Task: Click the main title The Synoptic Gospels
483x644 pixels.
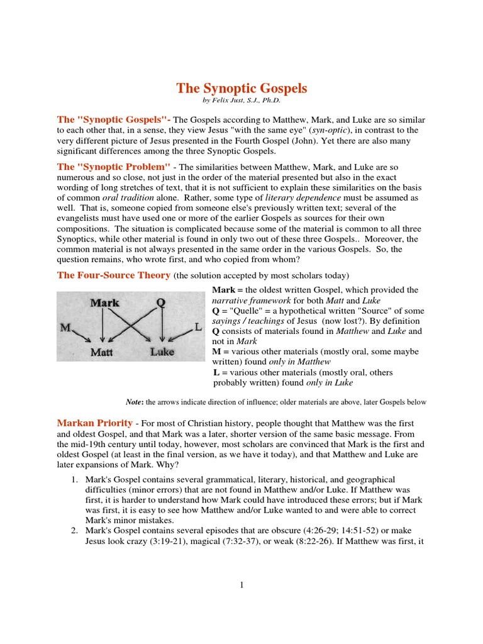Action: [241, 89]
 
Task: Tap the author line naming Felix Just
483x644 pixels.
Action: [241, 101]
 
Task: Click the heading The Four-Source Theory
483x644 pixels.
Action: [114, 275]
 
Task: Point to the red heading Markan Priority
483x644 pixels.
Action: [95, 423]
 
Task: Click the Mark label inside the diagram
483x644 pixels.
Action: [105, 303]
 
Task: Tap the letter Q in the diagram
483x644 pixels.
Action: [161, 303]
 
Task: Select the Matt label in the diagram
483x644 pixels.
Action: [101, 352]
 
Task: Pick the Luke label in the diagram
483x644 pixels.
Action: [162, 352]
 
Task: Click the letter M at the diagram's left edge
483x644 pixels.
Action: [65, 327]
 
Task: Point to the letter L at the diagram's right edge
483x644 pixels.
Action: [197, 328]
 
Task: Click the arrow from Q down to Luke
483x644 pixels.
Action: [162, 327]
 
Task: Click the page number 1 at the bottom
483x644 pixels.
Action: [241, 585]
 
